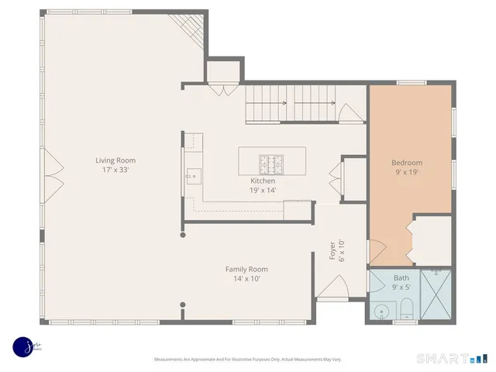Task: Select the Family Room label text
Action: pos(247,269)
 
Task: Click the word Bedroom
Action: pos(407,163)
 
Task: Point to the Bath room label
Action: pos(401,277)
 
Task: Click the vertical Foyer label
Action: pos(332,253)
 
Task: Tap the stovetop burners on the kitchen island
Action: pos(271,164)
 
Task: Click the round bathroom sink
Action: pos(381,312)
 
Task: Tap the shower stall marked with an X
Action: pos(437,295)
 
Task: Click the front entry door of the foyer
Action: pos(332,293)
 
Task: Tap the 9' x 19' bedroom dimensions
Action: pos(407,173)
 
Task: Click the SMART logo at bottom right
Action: pos(452,357)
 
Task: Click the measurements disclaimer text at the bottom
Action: pos(247,359)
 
